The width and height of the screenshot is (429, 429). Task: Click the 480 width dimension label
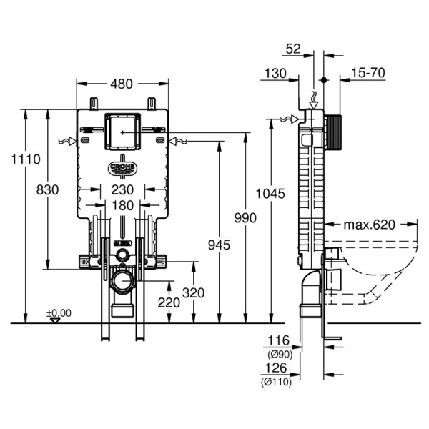[x=122, y=84]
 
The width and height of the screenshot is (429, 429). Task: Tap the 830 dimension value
[x=47, y=189]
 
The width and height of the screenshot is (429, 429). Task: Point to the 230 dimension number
[x=122, y=189]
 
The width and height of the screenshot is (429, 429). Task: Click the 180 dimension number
[x=122, y=206]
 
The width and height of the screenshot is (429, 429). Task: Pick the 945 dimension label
[x=219, y=245]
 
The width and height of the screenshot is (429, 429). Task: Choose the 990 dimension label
[x=245, y=217]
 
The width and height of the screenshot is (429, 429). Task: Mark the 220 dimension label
[x=169, y=302]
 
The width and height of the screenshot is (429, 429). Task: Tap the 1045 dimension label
[x=271, y=193]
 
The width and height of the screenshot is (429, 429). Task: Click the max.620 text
[x=369, y=225]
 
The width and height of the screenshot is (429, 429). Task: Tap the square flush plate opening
[x=122, y=132]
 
